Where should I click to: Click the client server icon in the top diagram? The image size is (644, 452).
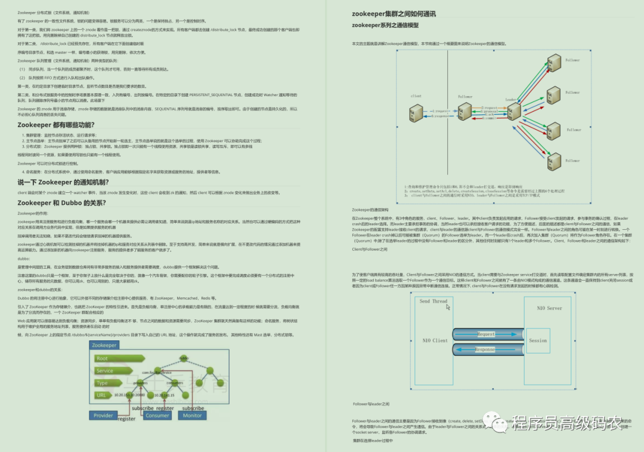[416, 113]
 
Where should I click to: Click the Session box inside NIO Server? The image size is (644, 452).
[538, 340]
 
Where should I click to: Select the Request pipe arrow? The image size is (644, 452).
[486, 334]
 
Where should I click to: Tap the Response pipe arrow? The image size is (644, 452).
[486, 349]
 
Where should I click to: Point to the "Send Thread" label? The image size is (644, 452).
[433, 302]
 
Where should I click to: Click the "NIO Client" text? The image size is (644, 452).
[435, 340]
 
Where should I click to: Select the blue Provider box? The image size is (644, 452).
[103, 415]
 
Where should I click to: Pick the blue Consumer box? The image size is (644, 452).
[157, 415]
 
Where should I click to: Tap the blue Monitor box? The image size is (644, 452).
[193, 415]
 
